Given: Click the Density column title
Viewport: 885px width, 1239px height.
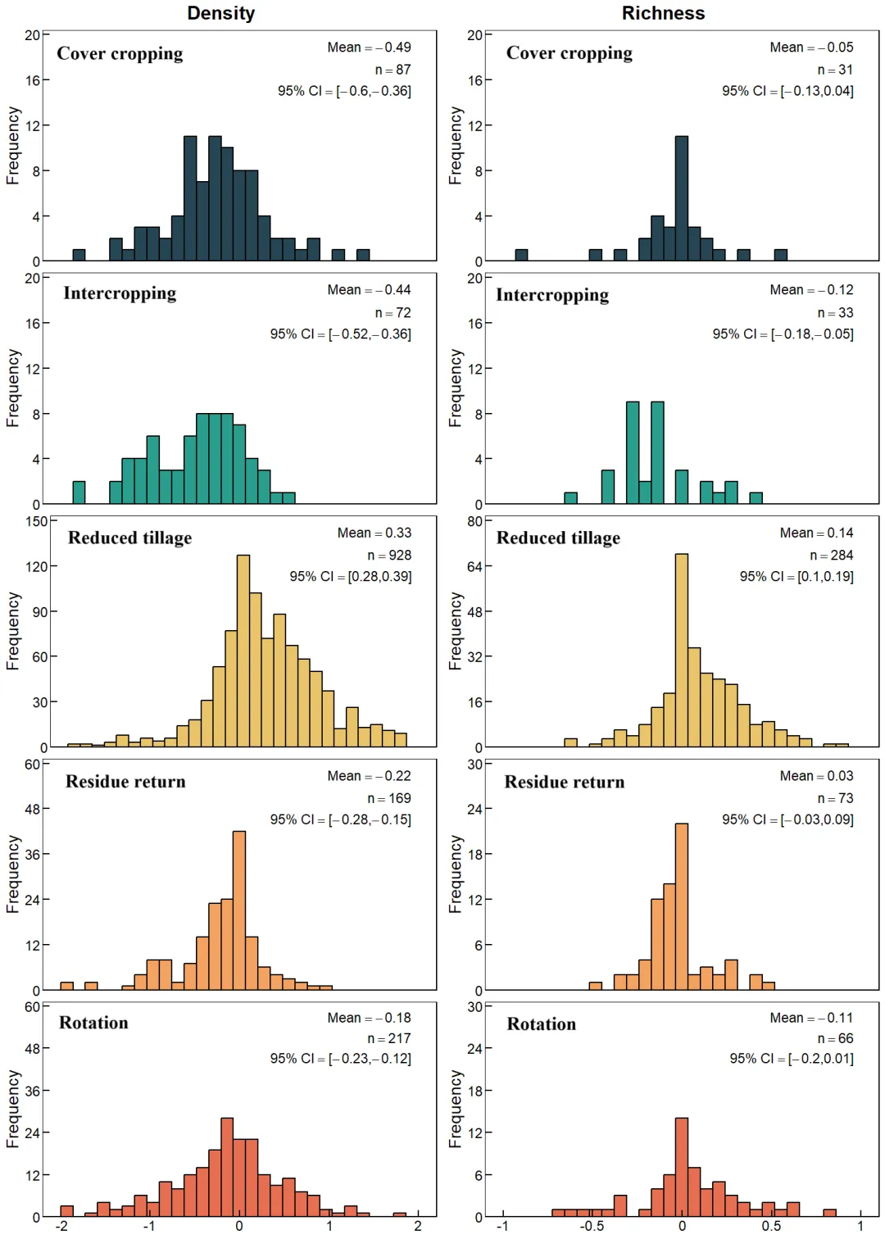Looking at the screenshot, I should (220, 13).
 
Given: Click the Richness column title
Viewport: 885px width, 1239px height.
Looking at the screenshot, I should (663, 13).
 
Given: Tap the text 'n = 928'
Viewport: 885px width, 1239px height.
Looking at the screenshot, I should (389, 556).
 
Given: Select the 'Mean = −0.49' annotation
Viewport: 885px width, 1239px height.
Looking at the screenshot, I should (369, 48).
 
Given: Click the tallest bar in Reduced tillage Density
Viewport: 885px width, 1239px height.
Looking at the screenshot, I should (243, 651).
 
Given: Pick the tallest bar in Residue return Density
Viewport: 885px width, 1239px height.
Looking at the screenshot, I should (239, 910).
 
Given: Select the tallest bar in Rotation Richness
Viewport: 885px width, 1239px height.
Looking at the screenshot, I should (682, 1167).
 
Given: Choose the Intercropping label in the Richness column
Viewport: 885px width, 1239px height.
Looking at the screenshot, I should (552, 295).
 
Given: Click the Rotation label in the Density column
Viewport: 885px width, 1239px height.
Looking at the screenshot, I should (93, 1023).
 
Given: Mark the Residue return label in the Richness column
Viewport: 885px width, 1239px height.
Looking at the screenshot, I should (564, 782).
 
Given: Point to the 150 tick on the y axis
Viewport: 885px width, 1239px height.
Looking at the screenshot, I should (37, 521).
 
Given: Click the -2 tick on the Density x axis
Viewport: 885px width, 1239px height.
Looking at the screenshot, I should (61, 1226).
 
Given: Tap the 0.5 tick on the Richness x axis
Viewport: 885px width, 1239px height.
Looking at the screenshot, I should (771, 1226).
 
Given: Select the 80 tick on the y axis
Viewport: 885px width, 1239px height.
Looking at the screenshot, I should (474, 521).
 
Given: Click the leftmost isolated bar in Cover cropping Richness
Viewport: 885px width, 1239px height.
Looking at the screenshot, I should (521, 255).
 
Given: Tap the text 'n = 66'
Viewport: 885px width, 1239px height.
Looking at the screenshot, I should (835, 1038).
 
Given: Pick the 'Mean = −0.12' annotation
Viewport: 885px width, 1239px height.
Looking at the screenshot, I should (811, 290).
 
